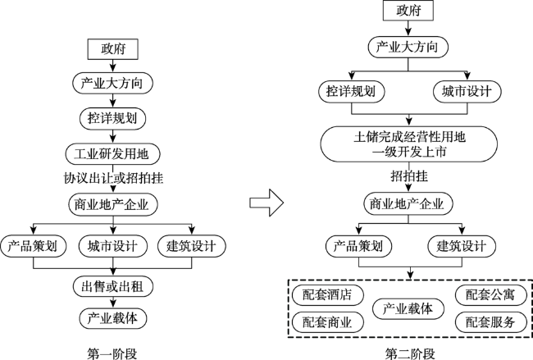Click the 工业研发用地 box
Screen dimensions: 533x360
tap(112, 154)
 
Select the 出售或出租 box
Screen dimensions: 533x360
tap(113, 286)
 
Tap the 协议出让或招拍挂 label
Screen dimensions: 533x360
tap(113, 178)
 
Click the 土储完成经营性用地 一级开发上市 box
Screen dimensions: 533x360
tap(409, 144)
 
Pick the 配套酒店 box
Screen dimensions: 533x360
tap(328, 294)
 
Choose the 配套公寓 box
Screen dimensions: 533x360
tap(491, 294)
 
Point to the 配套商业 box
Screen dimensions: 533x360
tap(328, 322)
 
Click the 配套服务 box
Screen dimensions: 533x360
tap(491, 322)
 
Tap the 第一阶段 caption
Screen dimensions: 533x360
tap(112, 354)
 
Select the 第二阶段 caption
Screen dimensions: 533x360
tap(410, 354)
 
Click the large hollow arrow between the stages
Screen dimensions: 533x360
tap(266, 203)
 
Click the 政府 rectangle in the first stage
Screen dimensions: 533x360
tap(113, 49)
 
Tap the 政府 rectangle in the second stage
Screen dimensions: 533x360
tap(408, 11)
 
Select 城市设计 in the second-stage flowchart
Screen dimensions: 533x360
tap(467, 91)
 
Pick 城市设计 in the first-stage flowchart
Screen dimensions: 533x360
tap(113, 246)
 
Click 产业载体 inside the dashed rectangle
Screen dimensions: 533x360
tap(408, 308)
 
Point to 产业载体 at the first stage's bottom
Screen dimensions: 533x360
tap(113, 318)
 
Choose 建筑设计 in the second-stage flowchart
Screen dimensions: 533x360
tap(462, 246)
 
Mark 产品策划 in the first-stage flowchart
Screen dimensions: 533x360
tap(33, 246)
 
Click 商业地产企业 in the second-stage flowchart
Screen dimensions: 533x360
tap(408, 204)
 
